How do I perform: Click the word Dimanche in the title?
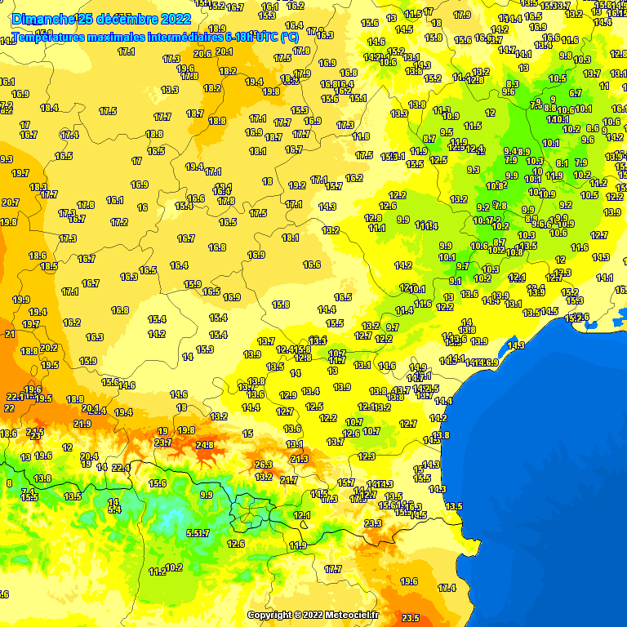point(42,19)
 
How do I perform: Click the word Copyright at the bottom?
point(270,615)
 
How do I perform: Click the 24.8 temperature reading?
point(205,445)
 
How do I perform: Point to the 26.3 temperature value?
point(264,465)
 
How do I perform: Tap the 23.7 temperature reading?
point(163,442)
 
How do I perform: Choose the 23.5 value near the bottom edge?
point(411,618)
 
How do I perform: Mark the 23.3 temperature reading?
point(373,523)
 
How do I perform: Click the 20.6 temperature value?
point(202,54)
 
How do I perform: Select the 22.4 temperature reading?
point(121,467)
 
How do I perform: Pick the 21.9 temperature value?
point(82,424)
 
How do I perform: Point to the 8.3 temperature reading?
point(513,84)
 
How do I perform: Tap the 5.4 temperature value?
point(114,509)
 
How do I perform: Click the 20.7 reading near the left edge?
point(10,202)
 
